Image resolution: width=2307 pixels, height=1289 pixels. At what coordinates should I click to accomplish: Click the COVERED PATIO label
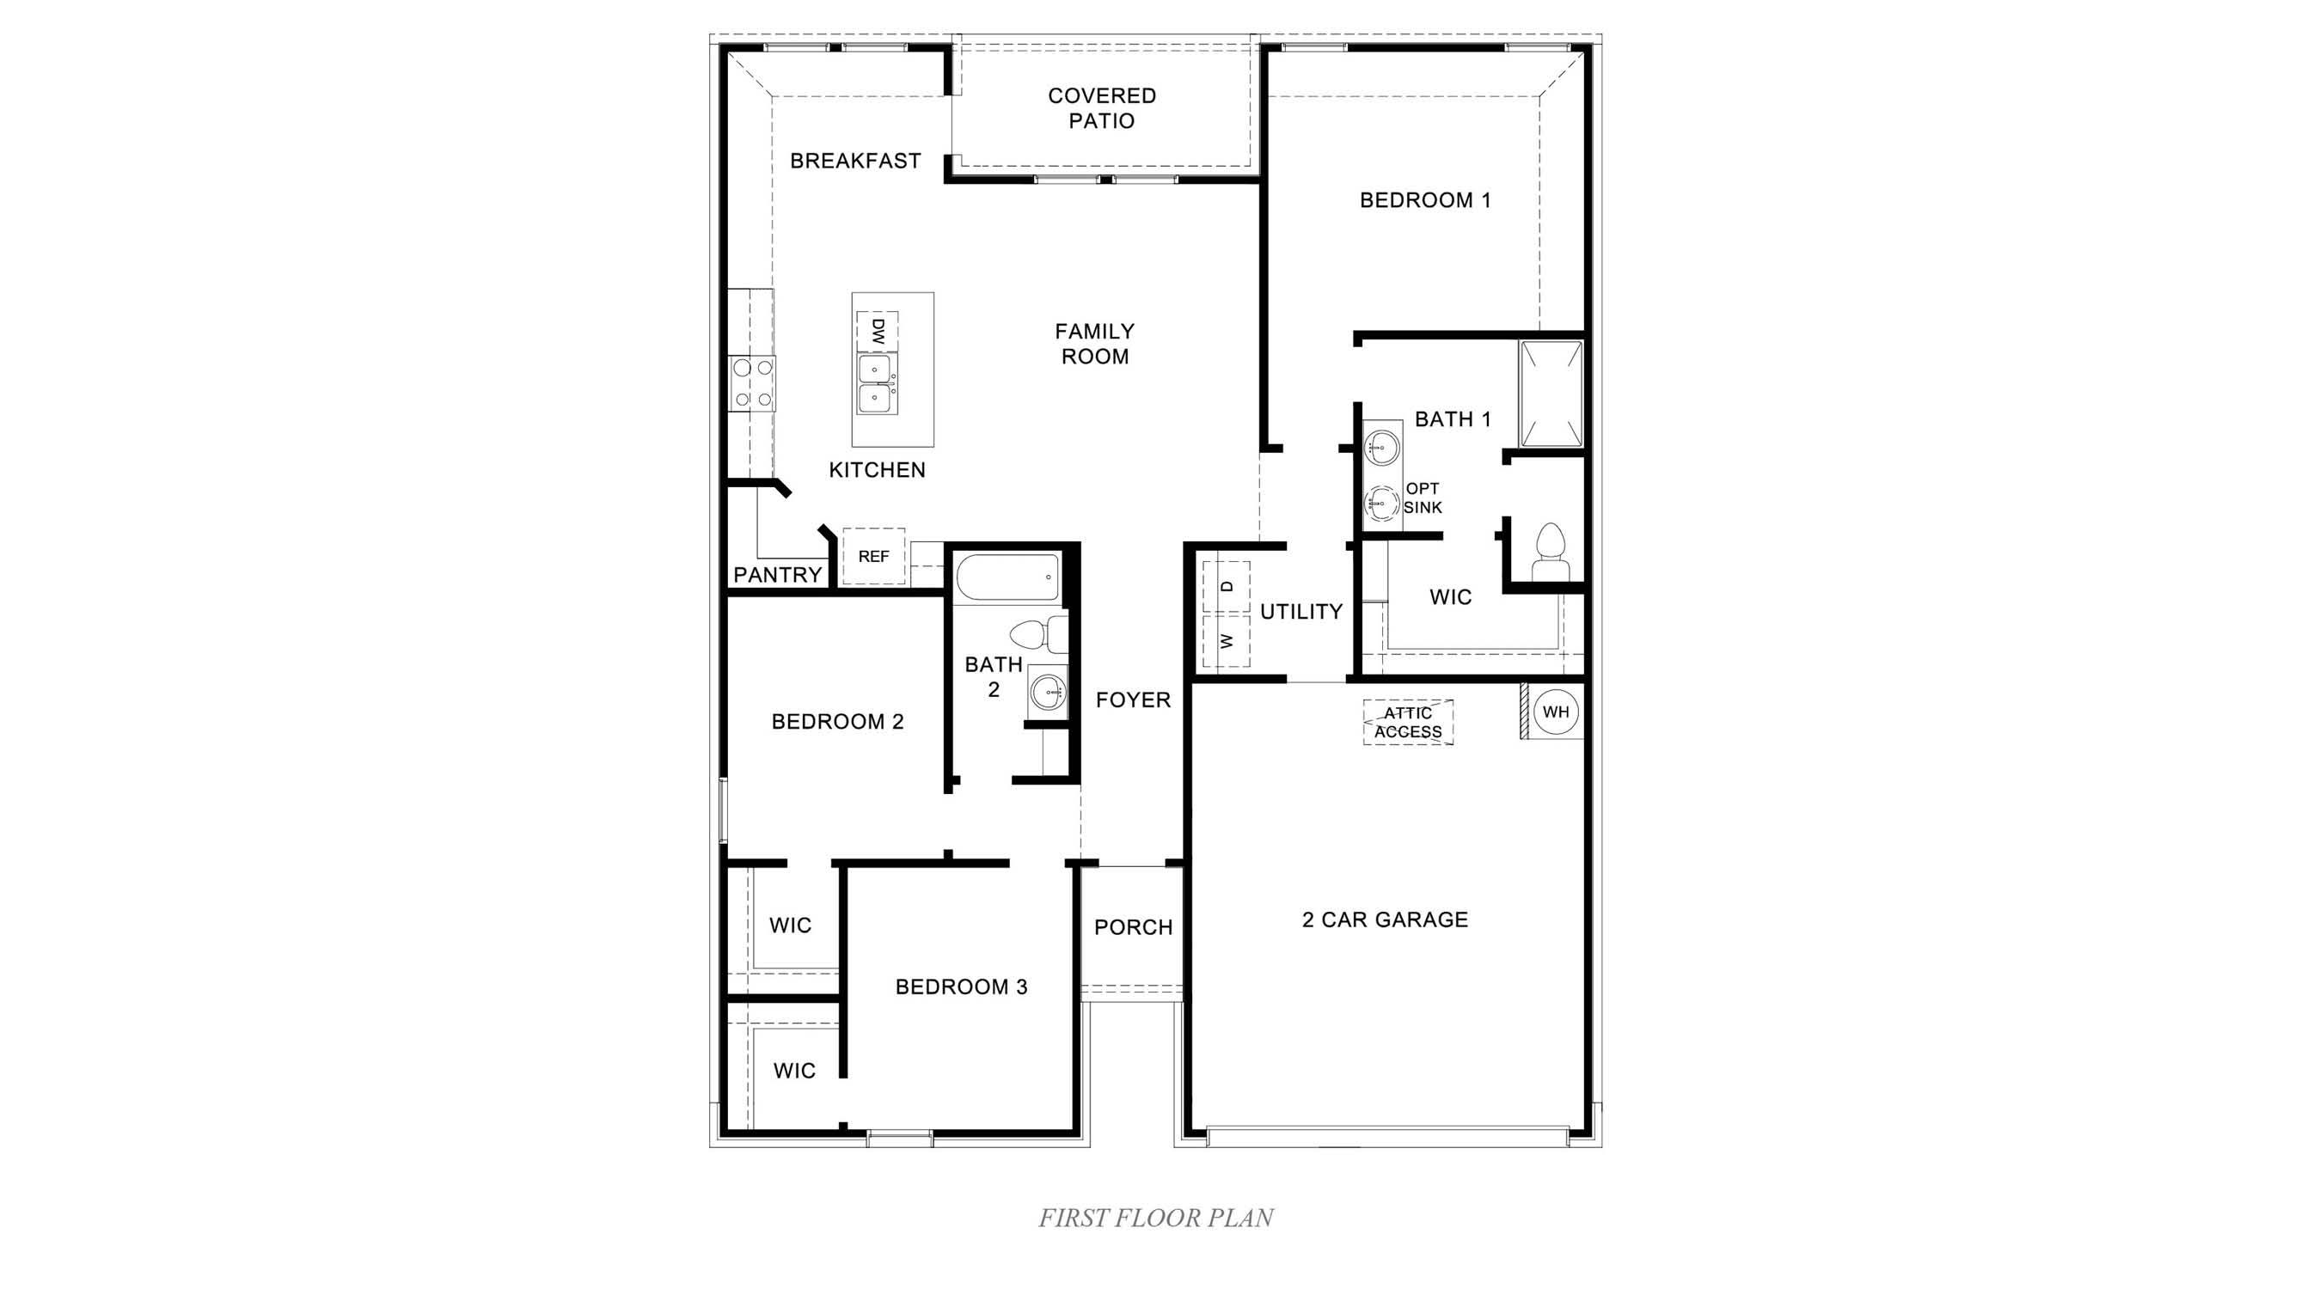(1102, 108)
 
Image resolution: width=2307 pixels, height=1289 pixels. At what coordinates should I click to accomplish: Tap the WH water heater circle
(1556, 712)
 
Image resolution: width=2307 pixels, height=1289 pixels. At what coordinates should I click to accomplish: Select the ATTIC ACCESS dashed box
(1408, 723)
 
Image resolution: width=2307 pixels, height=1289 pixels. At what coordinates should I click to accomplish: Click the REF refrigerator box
(873, 557)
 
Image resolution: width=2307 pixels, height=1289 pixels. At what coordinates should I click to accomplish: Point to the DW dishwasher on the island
(877, 331)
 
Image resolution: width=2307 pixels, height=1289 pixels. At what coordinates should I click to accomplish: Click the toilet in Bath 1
(1551, 554)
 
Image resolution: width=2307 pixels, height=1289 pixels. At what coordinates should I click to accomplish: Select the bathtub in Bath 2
(1008, 578)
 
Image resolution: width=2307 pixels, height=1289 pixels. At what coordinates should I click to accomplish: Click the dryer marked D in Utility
(1226, 586)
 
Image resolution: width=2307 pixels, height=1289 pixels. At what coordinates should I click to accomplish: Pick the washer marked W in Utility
(1226, 641)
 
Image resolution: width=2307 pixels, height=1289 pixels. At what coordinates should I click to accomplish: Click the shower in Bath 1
(1551, 394)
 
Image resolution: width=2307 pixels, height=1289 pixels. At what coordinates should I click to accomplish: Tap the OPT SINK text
(1423, 498)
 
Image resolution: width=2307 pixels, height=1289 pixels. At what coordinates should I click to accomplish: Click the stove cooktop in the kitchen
(752, 383)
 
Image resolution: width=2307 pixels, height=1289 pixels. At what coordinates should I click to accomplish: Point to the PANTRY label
(777, 575)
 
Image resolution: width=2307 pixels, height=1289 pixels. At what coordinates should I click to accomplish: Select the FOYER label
(1133, 700)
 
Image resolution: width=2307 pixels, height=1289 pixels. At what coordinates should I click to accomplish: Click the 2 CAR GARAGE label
(1385, 919)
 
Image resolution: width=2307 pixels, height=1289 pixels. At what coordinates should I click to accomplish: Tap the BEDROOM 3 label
(961, 987)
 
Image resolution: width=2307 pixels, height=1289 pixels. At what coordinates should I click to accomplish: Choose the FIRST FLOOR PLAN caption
(1155, 1219)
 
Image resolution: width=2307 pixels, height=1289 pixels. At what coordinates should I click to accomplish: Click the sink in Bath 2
(1048, 691)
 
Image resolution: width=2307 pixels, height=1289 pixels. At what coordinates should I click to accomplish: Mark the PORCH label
(1133, 927)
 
